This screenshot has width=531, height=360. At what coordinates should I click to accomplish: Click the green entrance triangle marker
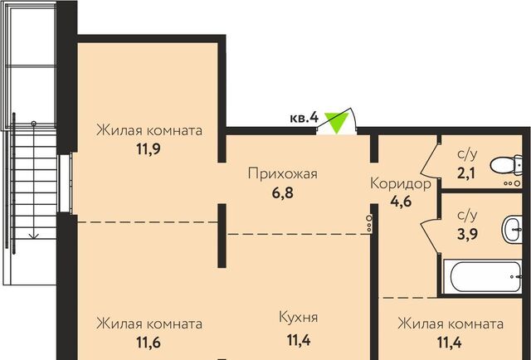337,122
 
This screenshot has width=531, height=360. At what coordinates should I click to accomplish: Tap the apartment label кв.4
304,118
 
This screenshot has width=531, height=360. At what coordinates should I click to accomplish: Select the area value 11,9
149,148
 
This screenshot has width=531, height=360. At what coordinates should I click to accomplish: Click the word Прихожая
282,173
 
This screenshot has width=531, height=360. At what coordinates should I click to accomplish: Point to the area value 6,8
282,193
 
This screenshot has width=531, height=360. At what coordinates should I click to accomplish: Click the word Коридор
401,184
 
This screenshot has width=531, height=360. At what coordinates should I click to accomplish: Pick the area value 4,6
401,202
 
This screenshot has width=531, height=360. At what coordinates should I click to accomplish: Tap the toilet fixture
506,165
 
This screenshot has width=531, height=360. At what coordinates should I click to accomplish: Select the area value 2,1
466,173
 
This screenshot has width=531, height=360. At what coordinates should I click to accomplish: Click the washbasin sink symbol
511,230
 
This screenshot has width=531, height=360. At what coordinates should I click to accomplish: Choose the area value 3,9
467,234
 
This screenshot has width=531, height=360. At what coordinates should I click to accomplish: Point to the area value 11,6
149,343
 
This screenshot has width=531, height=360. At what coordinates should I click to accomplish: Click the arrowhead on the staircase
33,236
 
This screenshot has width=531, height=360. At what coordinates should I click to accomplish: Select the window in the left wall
65,183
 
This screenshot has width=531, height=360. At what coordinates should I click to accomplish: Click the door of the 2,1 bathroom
429,160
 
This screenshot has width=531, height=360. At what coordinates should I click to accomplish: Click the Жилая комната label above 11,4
451,324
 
